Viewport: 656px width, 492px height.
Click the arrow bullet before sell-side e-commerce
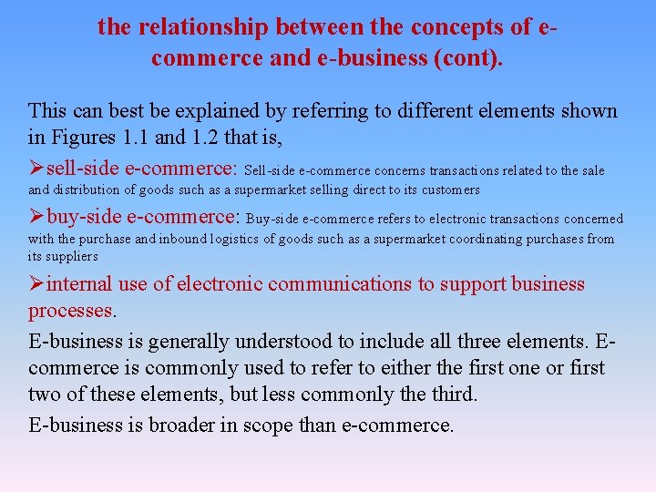(36, 169)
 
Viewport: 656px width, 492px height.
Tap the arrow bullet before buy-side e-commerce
(36, 217)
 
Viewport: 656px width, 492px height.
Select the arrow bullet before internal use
(36, 284)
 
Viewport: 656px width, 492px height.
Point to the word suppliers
(71, 256)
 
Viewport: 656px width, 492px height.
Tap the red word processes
(71, 311)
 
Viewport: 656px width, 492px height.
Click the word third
(453, 395)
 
